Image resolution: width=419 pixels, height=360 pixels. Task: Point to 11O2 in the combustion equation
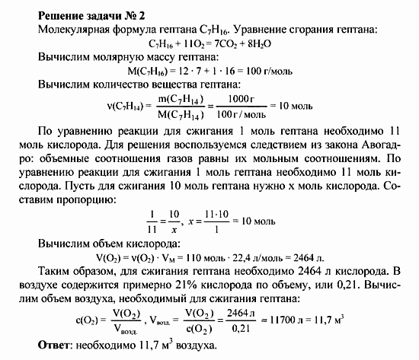(x=186, y=43)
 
